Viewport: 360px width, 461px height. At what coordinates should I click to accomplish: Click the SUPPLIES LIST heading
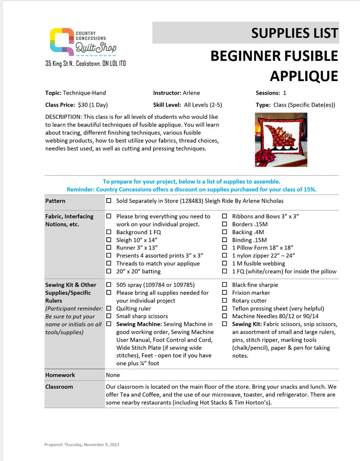coord(294,33)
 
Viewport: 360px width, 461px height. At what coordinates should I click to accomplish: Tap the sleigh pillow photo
coord(281,140)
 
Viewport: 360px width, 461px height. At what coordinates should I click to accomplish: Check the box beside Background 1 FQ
coord(108,232)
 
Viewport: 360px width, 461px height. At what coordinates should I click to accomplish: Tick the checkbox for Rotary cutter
coord(225,301)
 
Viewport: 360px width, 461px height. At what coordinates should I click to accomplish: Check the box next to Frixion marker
coord(225,293)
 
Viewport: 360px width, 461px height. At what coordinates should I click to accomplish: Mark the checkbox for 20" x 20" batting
coord(108,271)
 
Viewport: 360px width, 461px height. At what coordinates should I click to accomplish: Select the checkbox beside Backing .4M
coord(225,232)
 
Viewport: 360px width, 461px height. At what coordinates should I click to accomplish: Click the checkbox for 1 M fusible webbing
coord(225,264)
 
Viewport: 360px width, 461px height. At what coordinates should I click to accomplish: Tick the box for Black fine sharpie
coord(225,285)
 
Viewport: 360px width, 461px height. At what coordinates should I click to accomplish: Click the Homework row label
coord(60,375)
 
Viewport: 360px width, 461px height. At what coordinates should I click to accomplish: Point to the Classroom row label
coord(59,387)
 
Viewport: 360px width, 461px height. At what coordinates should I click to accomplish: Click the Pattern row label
coord(55,201)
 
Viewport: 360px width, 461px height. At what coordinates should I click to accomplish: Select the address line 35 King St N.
coord(85,63)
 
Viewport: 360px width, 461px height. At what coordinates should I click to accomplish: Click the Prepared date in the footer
coord(81,445)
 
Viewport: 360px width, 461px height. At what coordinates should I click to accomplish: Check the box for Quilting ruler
coord(108,309)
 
